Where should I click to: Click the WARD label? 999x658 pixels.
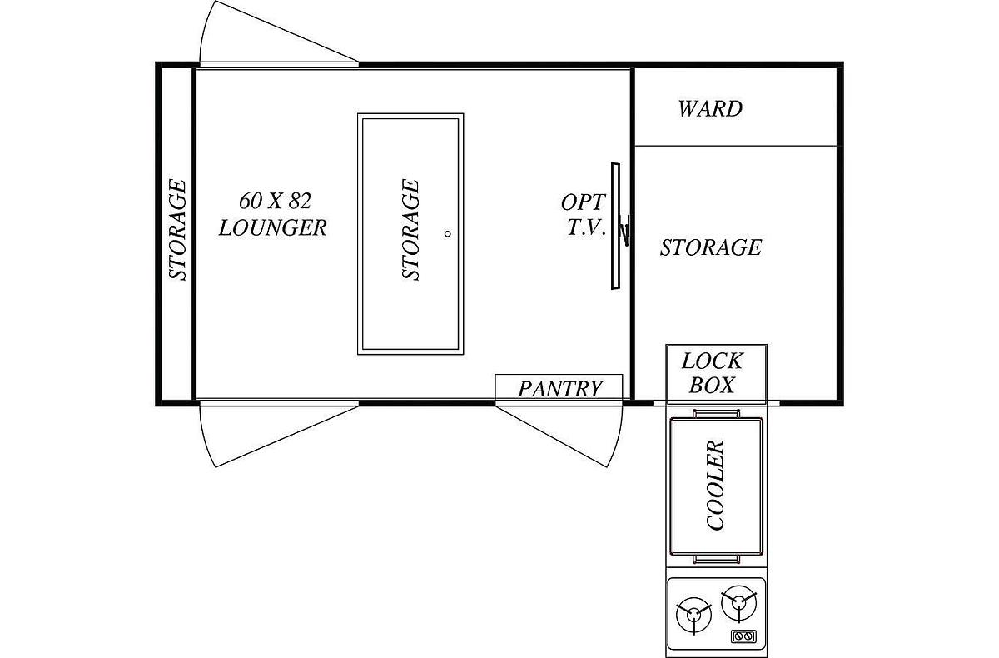click(710, 109)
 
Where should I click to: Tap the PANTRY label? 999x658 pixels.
click(560, 389)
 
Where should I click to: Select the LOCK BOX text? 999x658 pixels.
click(713, 373)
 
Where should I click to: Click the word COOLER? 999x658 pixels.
click(715, 485)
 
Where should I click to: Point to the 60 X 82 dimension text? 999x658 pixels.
click(275, 201)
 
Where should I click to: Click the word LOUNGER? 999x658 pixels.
click(272, 227)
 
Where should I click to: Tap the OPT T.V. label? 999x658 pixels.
click(584, 215)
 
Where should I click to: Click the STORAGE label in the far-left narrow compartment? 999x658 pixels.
click(177, 229)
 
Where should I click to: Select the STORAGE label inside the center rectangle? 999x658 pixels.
click(410, 229)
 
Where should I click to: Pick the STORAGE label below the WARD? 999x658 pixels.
click(711, 247)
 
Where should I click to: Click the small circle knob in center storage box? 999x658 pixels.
click(448, 233)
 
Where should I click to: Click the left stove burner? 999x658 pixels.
click(693, 616)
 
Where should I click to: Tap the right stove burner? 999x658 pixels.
click(739, 603)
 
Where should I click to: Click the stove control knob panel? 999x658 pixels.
click(744, 636)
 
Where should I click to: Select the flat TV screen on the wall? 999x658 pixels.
click(615, 226)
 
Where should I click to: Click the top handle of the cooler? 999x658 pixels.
click(716, 413)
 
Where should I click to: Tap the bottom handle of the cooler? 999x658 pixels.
click(716, 560)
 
